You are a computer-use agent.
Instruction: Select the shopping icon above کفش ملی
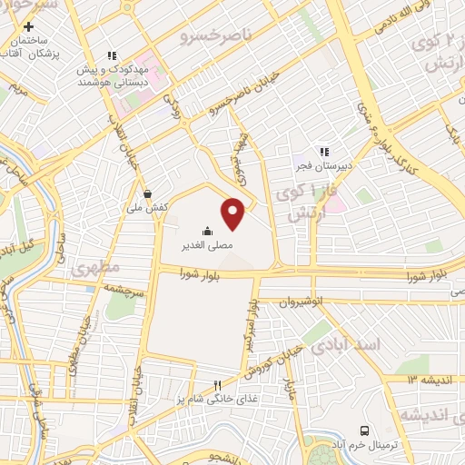point(147,193)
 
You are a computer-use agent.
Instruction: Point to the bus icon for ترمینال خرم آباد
point(364,430)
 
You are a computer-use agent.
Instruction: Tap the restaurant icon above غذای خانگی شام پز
point(217,385)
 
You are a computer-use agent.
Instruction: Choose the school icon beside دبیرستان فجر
point(322,152)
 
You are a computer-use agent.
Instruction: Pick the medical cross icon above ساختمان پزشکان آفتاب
point(29,26)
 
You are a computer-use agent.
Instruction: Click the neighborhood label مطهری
point(92,271)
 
